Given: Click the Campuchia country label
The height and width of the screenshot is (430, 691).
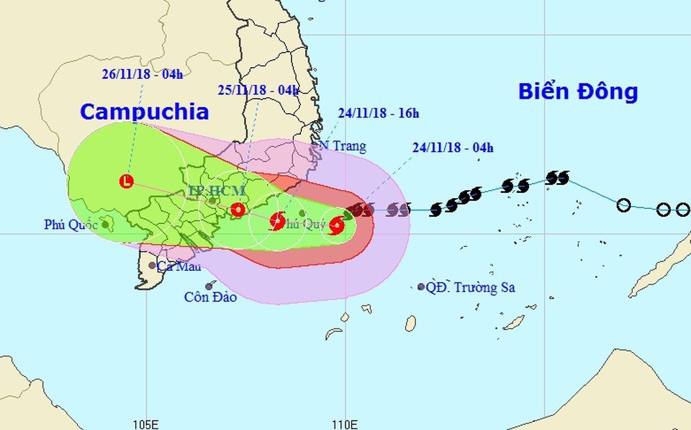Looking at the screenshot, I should coord(144,112).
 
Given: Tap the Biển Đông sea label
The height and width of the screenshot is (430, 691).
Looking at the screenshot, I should coord(578,91).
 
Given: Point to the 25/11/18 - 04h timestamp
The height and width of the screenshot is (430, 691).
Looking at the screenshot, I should coord(258,90).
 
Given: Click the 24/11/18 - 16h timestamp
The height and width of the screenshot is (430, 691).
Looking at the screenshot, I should coord(378,112).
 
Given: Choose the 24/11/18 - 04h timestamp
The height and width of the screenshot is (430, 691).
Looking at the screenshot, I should coord(453,148).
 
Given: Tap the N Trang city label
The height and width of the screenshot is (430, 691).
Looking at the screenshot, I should coord(343,146).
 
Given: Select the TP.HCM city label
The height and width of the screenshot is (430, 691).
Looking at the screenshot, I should coord(217,191).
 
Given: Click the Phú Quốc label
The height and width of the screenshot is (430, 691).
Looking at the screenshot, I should coord(70,225).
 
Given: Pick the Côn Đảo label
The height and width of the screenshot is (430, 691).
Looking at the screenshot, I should coord(210,297).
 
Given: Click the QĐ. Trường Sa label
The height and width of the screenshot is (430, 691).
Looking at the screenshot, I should coord(470,287).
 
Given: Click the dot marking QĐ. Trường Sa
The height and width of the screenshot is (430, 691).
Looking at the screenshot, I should coord(421,287).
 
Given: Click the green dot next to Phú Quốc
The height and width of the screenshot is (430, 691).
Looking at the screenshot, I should coord(106,224).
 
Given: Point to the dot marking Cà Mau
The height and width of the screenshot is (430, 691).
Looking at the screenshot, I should coord(152,265).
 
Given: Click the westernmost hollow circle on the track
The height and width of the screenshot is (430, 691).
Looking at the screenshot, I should coord(624,205).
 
